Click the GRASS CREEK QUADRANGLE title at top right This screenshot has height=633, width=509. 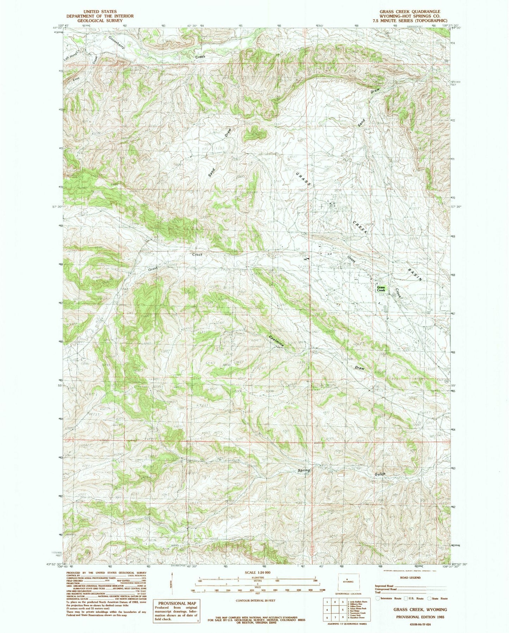coord(410,12)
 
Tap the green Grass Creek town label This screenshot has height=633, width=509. coord(381,289)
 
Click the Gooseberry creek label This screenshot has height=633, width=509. coord(117,45)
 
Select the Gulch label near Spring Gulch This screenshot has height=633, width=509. coord(378,474)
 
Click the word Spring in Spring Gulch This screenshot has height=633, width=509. coord(304,470)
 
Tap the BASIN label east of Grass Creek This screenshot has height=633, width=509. coord(415,274)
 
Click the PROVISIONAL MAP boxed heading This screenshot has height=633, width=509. coord(174,603)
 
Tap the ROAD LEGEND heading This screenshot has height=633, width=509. coord(410,578)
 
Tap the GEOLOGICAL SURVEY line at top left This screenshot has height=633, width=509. coord(100,21)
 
